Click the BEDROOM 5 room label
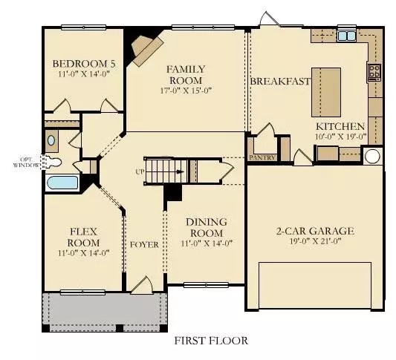click(x=81, y=64)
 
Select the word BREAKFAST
click(x=280, y=81)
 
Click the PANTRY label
click(x=263, y=157)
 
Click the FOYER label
click(x=144, y=244)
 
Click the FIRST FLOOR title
click(x=211, y=341)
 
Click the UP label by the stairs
click(x=139, y=171)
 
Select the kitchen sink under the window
click(x=346, y=35)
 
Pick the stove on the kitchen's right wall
click(x=374, y=72)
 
